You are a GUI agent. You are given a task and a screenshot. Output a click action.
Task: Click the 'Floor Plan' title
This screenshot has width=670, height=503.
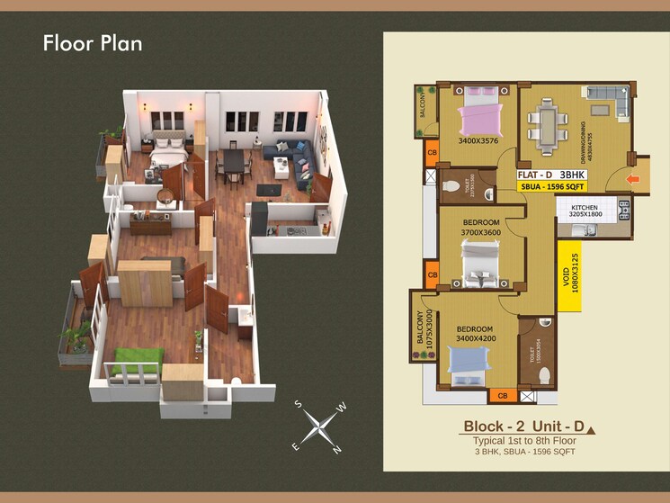(x=93, y=43)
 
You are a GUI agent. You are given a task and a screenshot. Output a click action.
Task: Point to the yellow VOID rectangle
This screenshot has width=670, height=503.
(x=569, y=274)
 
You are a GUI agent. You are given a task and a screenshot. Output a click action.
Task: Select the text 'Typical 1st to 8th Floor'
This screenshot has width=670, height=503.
(x=525, y=441)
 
